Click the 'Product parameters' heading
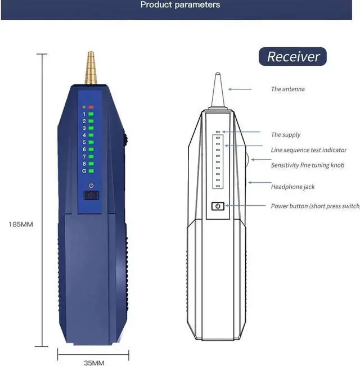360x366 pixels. [180, 5]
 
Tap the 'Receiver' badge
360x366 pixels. [293, 56]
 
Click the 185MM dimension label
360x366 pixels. [21, 224]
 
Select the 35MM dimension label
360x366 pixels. [94, 363]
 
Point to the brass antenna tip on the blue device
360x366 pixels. [90, 67]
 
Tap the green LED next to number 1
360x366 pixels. [91, 114]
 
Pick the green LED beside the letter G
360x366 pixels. [91, 171]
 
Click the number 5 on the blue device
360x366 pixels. [84, 142]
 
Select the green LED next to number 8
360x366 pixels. [91, 164]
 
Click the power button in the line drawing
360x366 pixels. [218, 206]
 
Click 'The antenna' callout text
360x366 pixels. [288, 89]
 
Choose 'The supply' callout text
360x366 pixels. [286, 134]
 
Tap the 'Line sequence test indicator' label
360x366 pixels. [309, 150]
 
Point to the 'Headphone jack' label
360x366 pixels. [292, 187]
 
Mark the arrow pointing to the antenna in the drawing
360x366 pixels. [240, 89]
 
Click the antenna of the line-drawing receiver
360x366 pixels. [218, 90]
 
